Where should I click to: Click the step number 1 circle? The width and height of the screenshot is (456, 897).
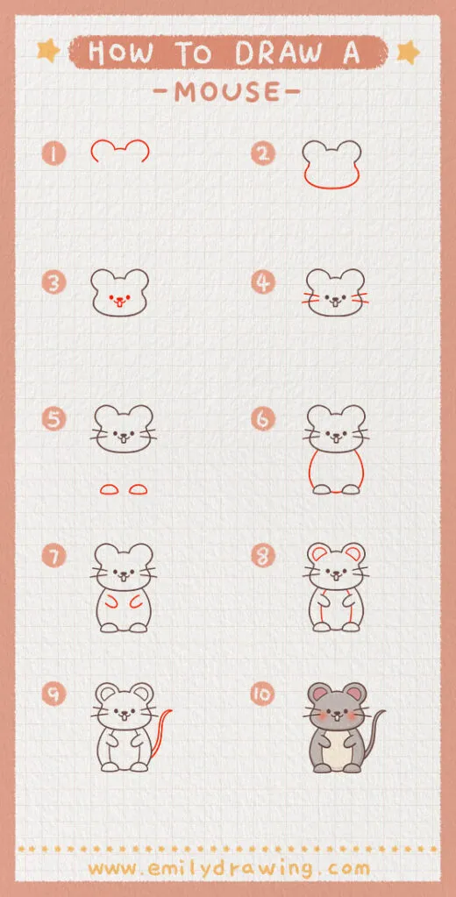coord(53,154)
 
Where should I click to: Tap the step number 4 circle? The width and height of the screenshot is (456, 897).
coord(262,282)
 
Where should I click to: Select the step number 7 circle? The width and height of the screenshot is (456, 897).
coord(53,556)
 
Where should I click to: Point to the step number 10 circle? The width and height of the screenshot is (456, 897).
coord(262,694)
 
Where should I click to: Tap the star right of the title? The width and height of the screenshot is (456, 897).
coord(407,53)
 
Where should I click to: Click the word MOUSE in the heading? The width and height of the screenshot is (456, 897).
coord(227,90)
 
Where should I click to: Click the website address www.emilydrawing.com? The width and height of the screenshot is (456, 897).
coord(228,868)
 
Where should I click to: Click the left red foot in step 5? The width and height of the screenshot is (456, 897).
coord(108,488)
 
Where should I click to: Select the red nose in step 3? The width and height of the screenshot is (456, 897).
coord(120,300)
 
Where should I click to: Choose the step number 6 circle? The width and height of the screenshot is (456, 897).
coord(262,419)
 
